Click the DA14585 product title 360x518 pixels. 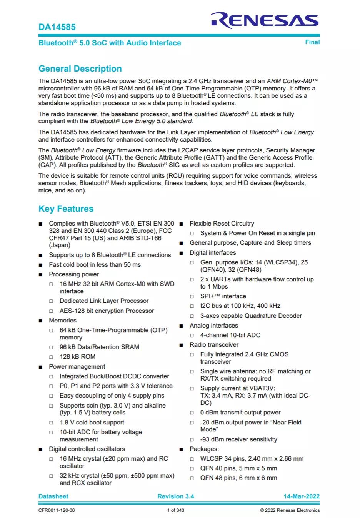point(57,27)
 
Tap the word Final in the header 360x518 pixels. point(312,42)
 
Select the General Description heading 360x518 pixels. point(80,69)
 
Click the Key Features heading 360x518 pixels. point(66,209)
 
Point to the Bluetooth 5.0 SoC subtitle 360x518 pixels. point(110,43)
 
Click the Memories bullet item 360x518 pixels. point(63,320)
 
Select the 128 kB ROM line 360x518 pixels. point(77,356)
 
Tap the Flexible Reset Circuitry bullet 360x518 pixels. point(222,223)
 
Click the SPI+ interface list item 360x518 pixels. point(223,296)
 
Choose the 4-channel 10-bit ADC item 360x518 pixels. point(230,335)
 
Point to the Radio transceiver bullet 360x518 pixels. point(214,344)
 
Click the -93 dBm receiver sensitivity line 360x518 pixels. point(238,439)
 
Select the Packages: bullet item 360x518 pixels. point(204,449)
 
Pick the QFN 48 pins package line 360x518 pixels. point(238,478)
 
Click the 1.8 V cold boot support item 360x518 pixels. point(92,422)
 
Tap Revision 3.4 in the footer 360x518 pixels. point(175,496)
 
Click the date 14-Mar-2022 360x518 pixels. point(302,496)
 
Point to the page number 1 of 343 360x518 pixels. point(175,510)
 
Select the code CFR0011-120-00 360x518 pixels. point(57,510)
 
